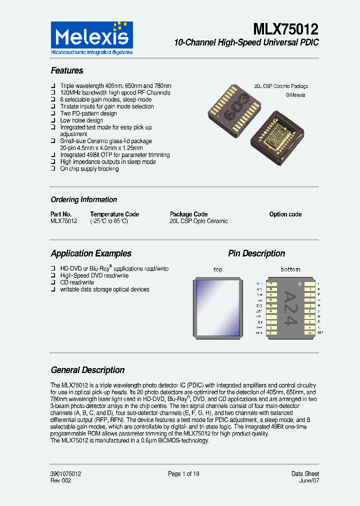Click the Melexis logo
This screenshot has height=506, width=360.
coord(92,38)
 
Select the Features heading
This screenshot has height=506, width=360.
coord(67,70)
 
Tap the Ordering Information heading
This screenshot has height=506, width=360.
coord(84,199)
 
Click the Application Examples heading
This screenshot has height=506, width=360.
coord(91,253)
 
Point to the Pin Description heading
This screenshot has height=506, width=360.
coord(256,253)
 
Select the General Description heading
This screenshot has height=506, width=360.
coord(87,370)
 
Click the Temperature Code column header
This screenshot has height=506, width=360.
coord(114,214)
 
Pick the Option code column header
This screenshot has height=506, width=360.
coord(285,214)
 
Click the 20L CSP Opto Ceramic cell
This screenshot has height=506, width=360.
coord(198,221)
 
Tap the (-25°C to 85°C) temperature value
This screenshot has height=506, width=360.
coord(109,221)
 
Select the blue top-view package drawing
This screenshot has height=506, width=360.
coord(218,307)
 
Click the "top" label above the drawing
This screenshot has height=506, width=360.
coord(218,269)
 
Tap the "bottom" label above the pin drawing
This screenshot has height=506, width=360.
coord(290,269)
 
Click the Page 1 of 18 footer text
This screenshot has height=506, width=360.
coord(183,473)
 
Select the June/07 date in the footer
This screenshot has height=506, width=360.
coord(309,480)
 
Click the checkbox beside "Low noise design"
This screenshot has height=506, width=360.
coord(53,120)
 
